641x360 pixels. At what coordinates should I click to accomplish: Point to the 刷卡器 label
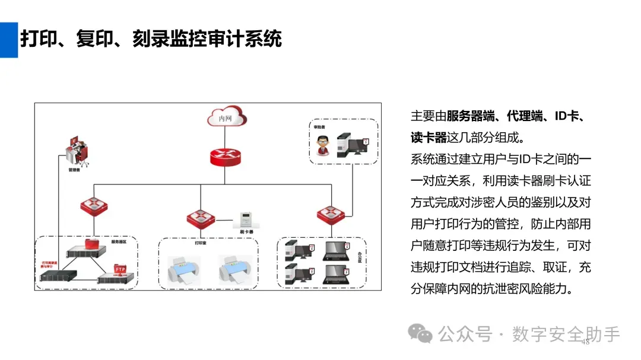246,232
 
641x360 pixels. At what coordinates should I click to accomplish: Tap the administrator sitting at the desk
77,151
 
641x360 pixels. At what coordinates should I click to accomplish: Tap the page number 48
585,342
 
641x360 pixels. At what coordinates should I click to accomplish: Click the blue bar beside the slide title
9,40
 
